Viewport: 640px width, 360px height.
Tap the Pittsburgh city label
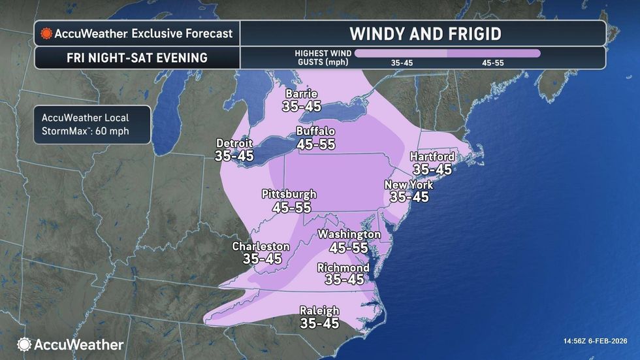click(289, 194)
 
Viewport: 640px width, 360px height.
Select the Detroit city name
click(235, 143)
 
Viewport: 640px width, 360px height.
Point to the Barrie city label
click(301, 93)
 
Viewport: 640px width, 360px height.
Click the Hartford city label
click(432, 156)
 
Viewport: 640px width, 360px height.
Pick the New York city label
click(409, 185)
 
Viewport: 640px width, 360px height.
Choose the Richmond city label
click(343, 268)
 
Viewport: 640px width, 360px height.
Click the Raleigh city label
click(319, 310)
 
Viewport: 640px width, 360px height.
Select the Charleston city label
click(261, 246)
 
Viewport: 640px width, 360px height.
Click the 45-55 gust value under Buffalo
click(316, 144)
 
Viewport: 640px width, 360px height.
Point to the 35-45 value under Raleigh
click(319, 323)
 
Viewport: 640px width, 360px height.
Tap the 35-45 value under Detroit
click(235, 155)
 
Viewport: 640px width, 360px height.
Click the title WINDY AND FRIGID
click(425, 33)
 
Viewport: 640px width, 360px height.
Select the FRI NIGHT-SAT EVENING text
click(136, 57)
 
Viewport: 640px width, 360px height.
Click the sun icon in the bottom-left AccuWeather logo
click(24, 344)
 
